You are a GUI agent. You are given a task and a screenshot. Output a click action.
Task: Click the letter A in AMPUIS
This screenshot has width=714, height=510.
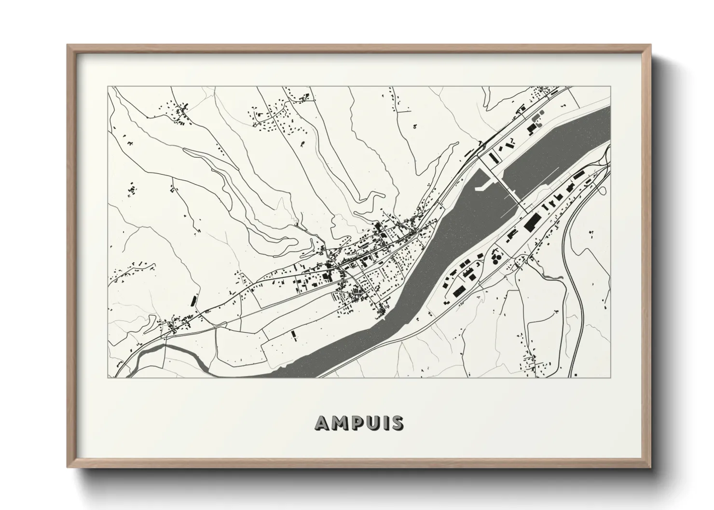(x=323, y=423)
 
